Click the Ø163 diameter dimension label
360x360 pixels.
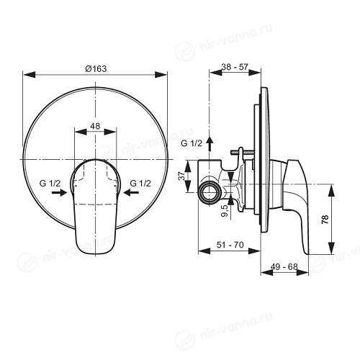pyautogui.click(x=96, y=69)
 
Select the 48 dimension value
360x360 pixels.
pyautogui.click(x=95, y=126)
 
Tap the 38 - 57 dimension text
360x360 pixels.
pyautogui.click(x=235, y=67)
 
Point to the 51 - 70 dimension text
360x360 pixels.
pyautogui.click(x=230, y=245)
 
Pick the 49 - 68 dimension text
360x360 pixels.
pyautogui.click(x=284, y=266)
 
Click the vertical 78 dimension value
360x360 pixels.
pyautogui.click(x=325, y=220)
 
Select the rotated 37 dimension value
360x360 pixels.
pyautogui.click(x=183, y=176)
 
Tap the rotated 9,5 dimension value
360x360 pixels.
pyautogui.click(x=225, y=211)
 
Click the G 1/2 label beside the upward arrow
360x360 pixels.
pyautogui.click(x=192, y=143)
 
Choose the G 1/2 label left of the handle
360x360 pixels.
pyautogui.click(x=50, y=184)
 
